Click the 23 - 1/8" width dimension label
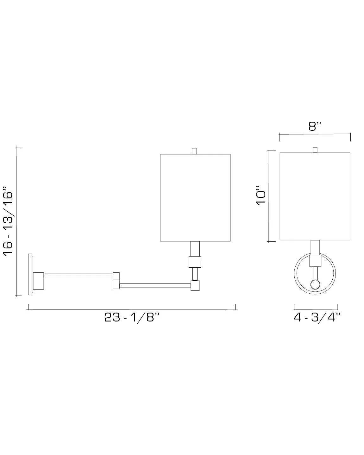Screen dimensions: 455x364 tap(131, 317)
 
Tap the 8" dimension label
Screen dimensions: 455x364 tap(315, 127)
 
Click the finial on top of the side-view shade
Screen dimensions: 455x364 tap(195, 151)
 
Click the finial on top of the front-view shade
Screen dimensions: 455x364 tap(315, 150)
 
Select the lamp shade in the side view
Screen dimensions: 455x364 tap(195, 198)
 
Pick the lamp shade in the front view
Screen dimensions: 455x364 tap(315, 196)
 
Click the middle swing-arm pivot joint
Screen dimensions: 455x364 tap(116, 280)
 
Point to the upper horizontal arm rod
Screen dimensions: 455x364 tap(78, 276)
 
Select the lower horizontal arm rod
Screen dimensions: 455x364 tap(155, 285)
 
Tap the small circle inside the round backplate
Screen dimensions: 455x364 tap(315, 285)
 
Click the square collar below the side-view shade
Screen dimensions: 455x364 tap(195, 262)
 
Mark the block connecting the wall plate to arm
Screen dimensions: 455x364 tap(39, 281)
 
